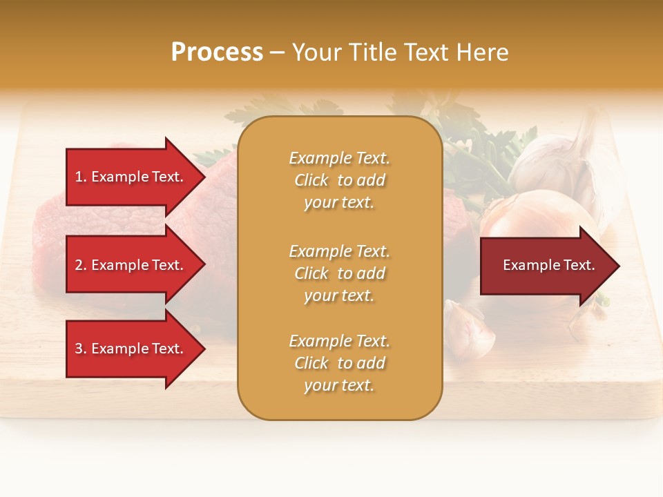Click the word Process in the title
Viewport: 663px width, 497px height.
[217, 52]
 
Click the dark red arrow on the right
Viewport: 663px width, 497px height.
[546, 265]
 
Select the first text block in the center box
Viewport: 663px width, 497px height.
[339, 180]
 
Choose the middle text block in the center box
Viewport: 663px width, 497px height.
[339, 273]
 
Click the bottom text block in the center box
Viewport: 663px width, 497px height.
[339, 363]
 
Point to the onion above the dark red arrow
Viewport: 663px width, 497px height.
[532, 214]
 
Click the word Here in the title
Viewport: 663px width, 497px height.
[483, 52]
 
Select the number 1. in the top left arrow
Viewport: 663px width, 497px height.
[81, 177]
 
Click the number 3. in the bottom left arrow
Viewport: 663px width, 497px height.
[81, 349]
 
